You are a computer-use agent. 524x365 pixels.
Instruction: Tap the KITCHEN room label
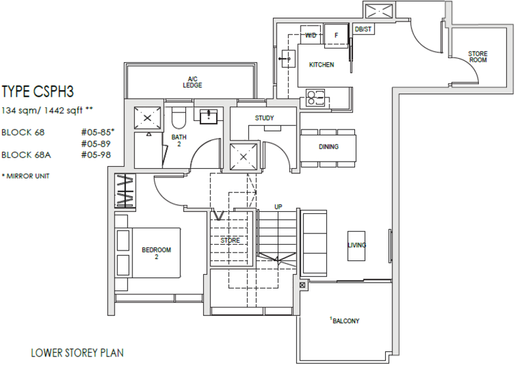pyautogui.click(x=322, y=65)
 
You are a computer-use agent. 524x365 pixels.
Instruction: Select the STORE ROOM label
pyautogui.click(x=477, y=57)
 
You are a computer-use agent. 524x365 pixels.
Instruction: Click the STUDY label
pyautogui.click(x=265, y=118)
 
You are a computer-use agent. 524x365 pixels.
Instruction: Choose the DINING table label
pyautogui.click(x=329, y=147)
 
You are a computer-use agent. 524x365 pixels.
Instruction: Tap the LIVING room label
pyautogui.click(x=357, y=245)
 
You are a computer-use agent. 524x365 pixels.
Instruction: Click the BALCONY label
pyautogui.click(x=345, y=321)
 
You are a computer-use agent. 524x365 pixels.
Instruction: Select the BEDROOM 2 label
pyautogui.click(x=157, y=253)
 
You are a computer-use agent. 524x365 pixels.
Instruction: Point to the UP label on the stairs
pyautogui.click(x=278, y=207)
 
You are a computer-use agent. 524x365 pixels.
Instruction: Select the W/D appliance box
pyautogui.click(x=310, y=36)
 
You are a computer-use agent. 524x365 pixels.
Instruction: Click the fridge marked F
pyautogui.click(x=337, y=35)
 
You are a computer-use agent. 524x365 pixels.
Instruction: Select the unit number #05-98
pyautogui.click(x=96, y=155)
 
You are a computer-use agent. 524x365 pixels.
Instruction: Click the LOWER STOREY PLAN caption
pyautogui.click(x=77, y=353)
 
